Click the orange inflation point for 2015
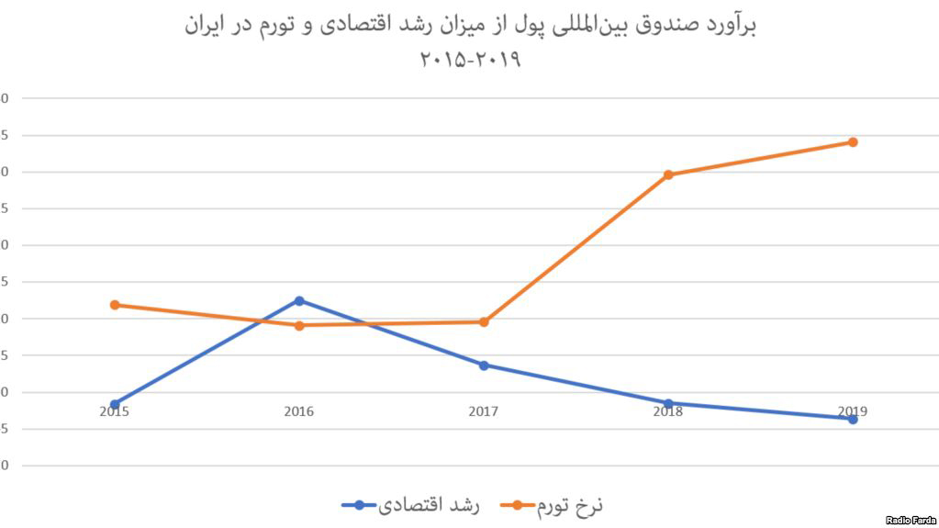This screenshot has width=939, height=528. point(115,305)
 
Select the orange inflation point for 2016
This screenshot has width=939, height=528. point(299,325)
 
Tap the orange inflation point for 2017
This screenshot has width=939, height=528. point(484,321)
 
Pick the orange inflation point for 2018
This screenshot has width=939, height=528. point(668,174)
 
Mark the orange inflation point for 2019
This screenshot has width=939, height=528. point(853,141)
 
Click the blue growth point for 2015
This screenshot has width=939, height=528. point(115,404)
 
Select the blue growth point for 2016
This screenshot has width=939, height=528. point(299,300)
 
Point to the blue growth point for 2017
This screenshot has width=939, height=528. point(484,365)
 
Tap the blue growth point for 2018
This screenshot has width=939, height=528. point(668,403)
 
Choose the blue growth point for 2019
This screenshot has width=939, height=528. point(853,419)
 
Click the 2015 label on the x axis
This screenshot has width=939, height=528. point(115,412)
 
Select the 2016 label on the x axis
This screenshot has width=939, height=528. point(299,412)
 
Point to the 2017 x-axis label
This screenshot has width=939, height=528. point(484,412)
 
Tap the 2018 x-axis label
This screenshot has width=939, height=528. point(668,412)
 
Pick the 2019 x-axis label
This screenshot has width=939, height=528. point(853,410)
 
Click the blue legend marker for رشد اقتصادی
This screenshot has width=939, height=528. point(359,504)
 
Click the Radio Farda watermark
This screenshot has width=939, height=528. point(911,520)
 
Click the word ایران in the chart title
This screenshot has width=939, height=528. point(205,25)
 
